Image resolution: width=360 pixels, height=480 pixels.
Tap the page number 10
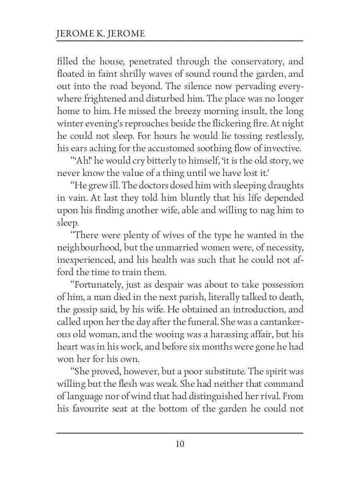pyautogui.click(x=180, y=444)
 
